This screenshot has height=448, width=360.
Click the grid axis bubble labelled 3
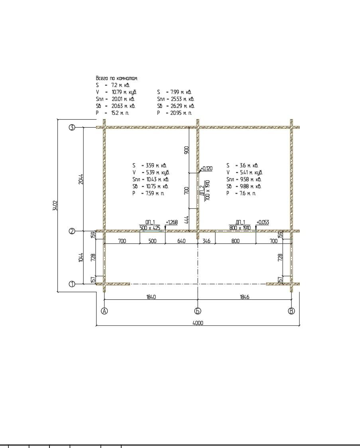pos(72,128)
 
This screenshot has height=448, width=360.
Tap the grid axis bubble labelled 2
pos(72,231)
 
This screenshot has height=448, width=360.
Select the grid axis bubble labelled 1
pos(72,284)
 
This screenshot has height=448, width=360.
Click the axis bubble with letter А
pos(104,311)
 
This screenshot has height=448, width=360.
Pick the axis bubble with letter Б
pos(198,311)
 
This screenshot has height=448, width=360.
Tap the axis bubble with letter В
pos(291,311)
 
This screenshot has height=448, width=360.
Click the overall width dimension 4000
pos(198,323)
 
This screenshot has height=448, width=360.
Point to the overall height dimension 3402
pos(55,205)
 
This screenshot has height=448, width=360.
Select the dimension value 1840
pos(151,297)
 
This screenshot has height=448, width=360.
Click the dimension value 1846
pos(244,297)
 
